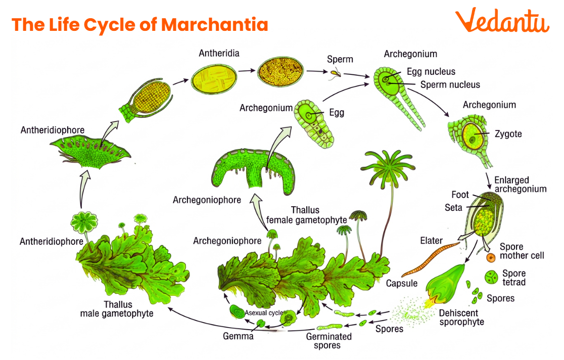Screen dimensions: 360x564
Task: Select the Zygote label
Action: click(x=509, y=134)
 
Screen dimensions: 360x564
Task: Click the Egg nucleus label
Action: click(x=431, y=72)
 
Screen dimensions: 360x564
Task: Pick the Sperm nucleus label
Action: click(x=450, y=84)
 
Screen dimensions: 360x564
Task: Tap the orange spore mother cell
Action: click(x=491, y=258)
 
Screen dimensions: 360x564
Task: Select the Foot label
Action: click(x=460, y=195)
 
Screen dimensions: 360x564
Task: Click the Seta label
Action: click(x=453, y=207)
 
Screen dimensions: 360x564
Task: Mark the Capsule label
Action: click(x=401, y=283)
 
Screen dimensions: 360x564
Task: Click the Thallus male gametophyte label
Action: click(x=117, y=309)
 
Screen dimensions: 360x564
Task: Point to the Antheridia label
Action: click(x=219, y=53)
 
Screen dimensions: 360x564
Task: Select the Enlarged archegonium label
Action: click(x=520, y=185)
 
